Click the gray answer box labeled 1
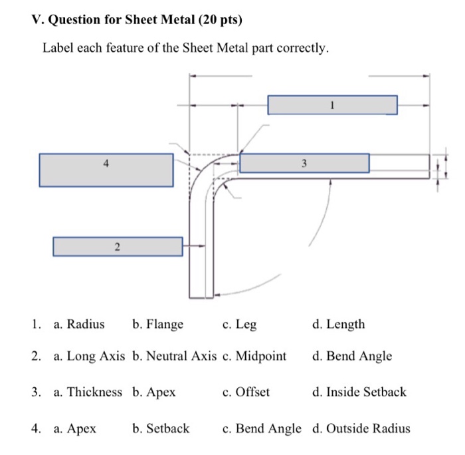[x=332, y=105]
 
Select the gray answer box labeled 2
[x=118, y=247]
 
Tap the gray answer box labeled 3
[x=304, y=164]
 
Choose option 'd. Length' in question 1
[x=338, y=325]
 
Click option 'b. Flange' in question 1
[x=157, y=325]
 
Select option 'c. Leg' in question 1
[x=239, y=325]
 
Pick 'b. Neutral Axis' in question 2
[x=174, y=356]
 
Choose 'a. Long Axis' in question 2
[x=89, y=356]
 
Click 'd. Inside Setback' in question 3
[x=358, y=392]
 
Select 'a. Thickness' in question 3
[x=88, y=392]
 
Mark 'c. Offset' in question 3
[x=246, y=392]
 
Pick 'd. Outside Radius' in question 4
[x=360, y=429]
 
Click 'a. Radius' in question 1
[x=79, y=325]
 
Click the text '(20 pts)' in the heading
[x=220, y=21]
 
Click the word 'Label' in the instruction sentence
[x=58, y=49]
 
